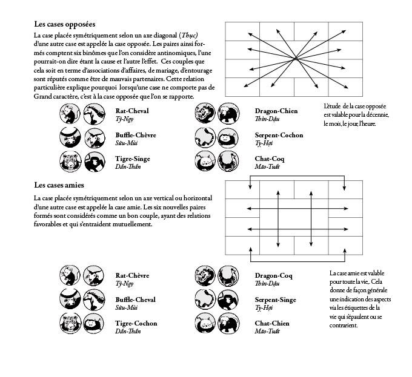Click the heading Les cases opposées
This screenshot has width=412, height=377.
[65, 25]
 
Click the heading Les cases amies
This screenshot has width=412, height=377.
[59, 185]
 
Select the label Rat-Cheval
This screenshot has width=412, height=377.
[132, 111]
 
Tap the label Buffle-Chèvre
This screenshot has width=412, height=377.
[136, 135]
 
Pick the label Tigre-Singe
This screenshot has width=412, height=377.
[133, 159]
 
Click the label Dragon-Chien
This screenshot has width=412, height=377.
[276, 111]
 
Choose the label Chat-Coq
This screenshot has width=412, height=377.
[269, 159]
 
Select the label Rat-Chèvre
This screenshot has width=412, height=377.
[132, 275]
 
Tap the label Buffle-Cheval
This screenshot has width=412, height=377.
[136, 300]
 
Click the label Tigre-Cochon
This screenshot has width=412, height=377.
[136, 323]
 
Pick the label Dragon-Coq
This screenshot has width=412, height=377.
[274, 275]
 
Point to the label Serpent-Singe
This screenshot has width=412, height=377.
[276, 300]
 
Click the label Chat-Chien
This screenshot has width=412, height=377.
[272, 323]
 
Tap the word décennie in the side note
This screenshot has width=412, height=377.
[376, 115]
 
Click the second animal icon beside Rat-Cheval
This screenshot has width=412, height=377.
[93, 114]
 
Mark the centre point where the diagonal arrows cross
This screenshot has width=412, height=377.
[296, 58]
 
